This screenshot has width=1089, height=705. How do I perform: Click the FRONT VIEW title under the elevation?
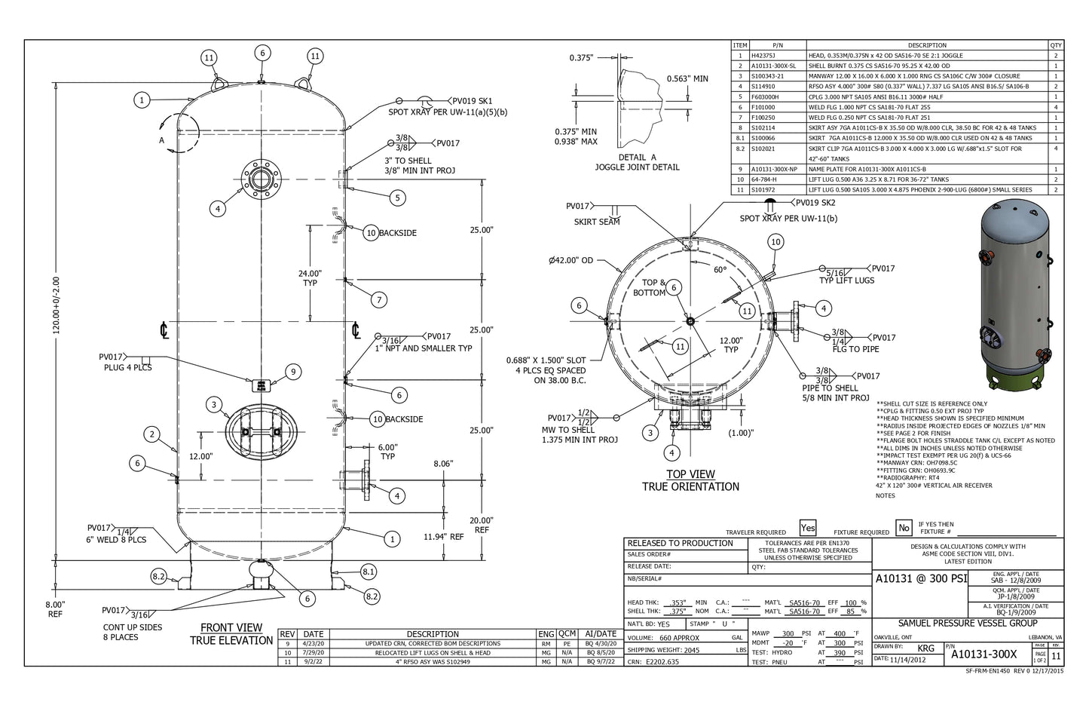(x=231, y=627)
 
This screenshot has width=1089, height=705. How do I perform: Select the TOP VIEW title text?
(x=690, y=474)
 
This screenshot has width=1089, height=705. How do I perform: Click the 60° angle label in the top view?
(x=720, y=269)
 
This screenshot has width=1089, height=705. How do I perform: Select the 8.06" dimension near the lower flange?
(x=443, y=464)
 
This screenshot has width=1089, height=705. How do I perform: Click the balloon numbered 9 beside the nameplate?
(x=293, y=371)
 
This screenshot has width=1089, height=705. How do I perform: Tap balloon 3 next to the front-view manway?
(x=214, y=405)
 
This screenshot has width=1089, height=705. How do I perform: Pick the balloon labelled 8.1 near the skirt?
(x=368, y=572)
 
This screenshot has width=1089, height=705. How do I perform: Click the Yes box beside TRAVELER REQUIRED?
(x=808, y=528)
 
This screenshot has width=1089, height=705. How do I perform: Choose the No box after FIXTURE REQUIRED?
(x=904, y=528)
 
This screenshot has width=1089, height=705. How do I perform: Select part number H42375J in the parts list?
(x=763, y=56)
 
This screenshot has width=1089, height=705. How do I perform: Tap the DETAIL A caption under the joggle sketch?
(x=637, y=157)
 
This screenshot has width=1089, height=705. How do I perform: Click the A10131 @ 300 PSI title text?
(x=921, y=579)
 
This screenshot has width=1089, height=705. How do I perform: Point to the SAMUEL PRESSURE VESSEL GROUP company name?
(x=968, y=624)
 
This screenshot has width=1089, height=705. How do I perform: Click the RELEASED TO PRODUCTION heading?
(x=680, y=543)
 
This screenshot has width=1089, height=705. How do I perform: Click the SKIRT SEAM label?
(x=597, y=222)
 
